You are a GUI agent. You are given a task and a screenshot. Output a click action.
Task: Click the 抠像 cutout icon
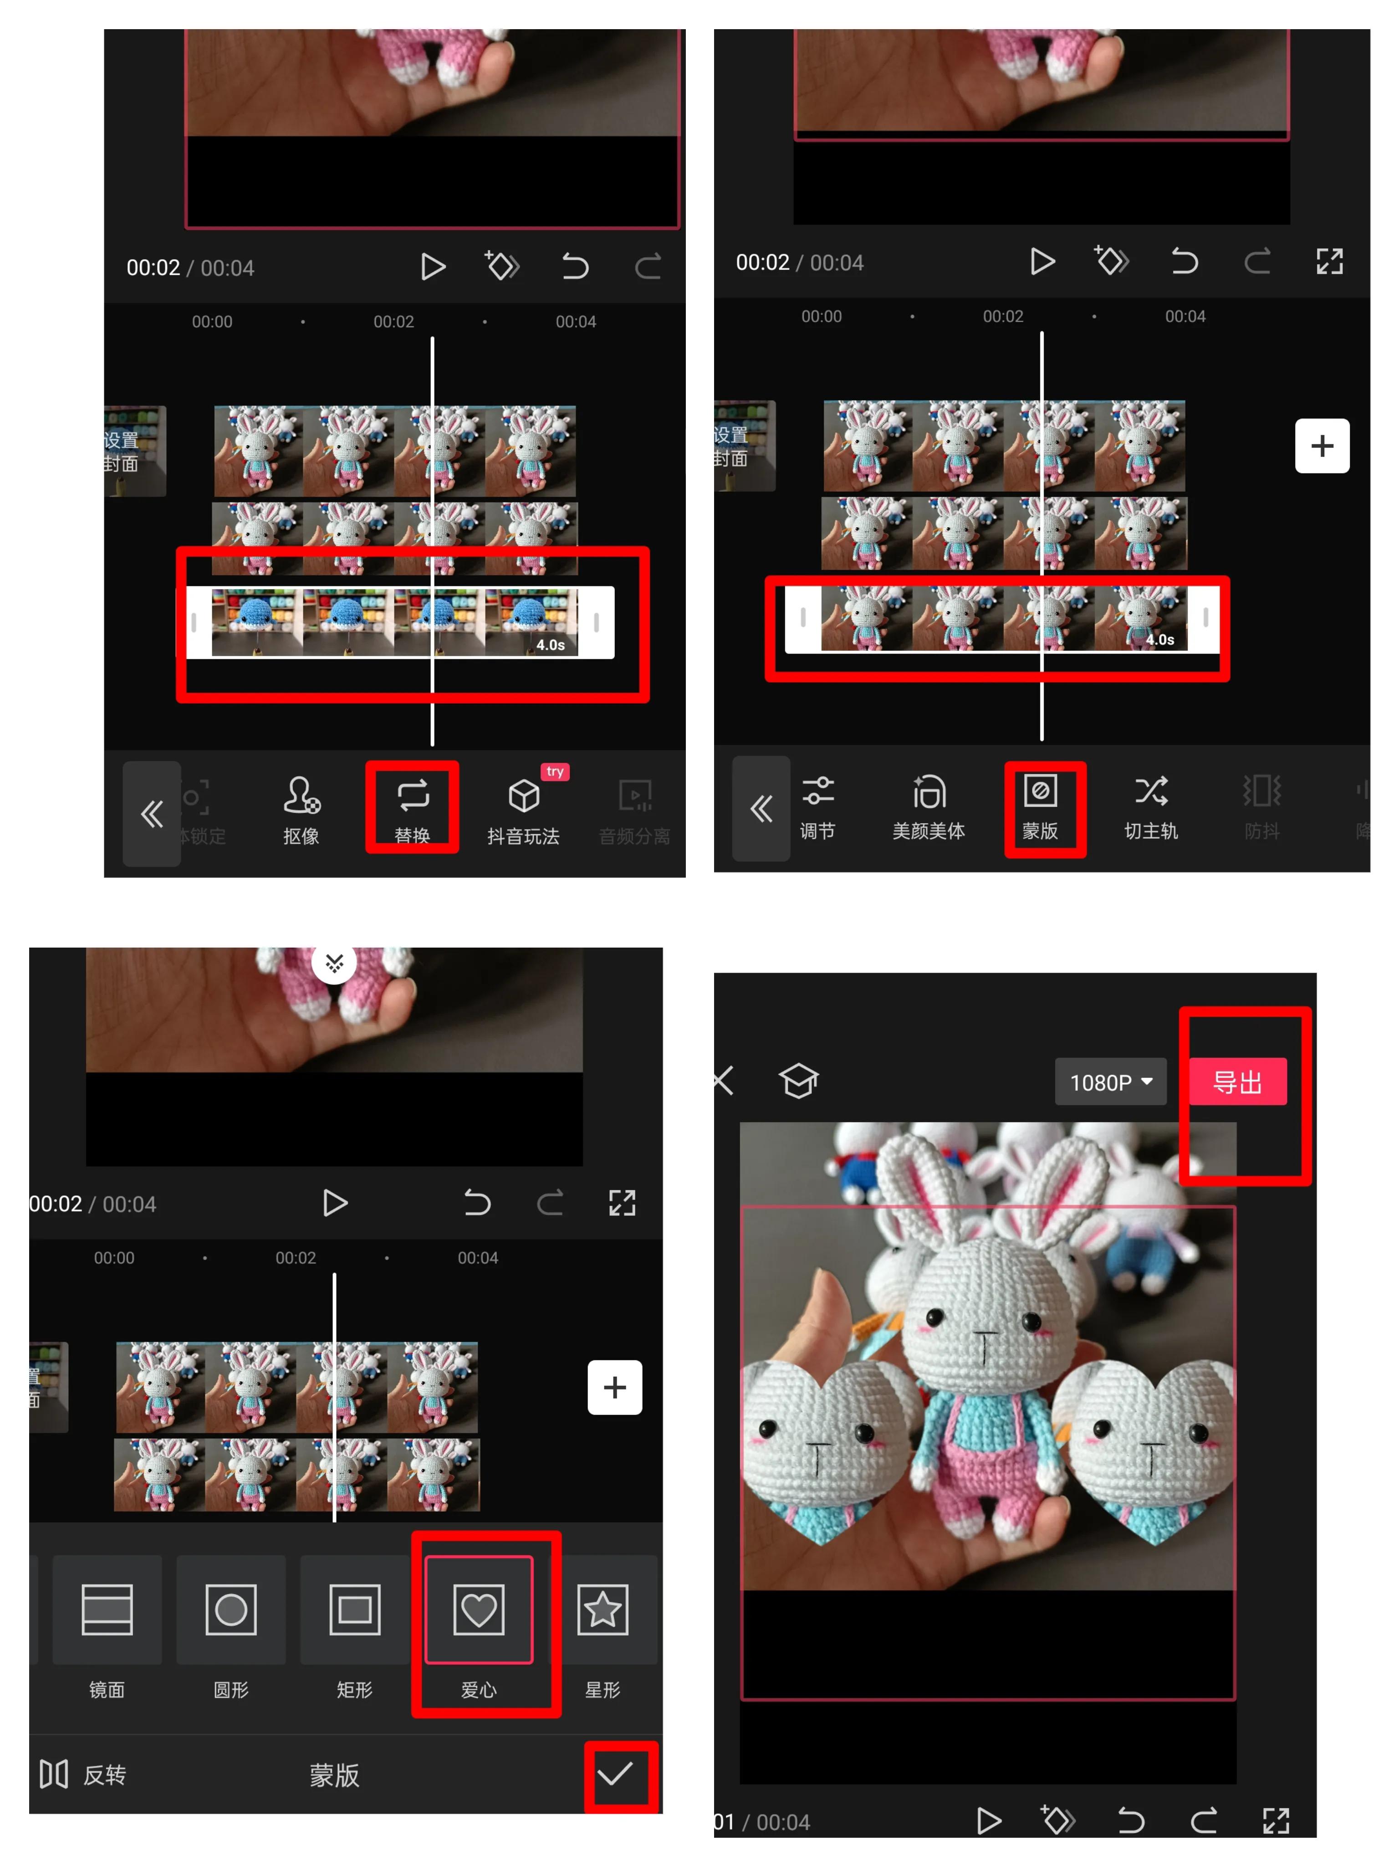point(301,808)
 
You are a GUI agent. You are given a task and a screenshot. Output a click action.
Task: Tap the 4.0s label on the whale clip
point(551,645)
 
